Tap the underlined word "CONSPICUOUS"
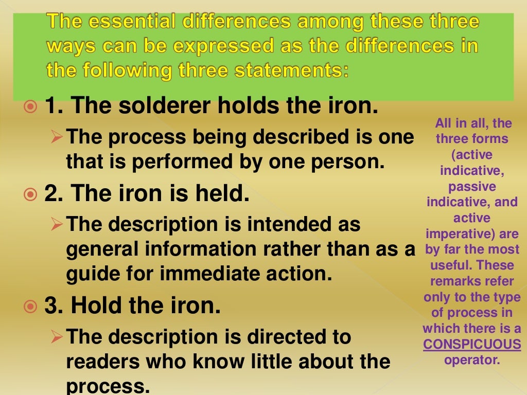[472, 344]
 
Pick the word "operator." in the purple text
[472, 360]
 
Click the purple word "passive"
[472, 186]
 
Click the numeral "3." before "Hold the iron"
[54, 307]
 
